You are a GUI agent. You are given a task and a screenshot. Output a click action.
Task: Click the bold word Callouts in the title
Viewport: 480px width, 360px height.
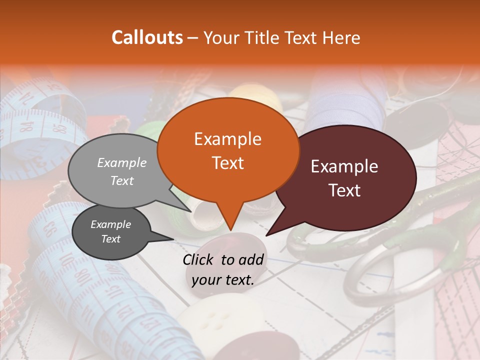[x=147, y=37]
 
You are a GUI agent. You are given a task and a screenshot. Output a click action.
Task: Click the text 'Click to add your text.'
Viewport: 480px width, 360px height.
[x=223, y=269]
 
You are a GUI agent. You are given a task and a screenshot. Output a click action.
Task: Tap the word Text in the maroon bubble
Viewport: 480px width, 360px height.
[x=345, y=190]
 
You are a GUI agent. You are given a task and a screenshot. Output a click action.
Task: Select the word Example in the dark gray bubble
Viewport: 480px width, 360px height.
[x=110, y=224]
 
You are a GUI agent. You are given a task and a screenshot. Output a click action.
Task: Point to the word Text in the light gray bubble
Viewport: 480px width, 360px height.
[x=122, y=180]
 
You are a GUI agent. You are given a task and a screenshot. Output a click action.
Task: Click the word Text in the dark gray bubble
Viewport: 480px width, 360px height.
[x=110, y=239]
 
